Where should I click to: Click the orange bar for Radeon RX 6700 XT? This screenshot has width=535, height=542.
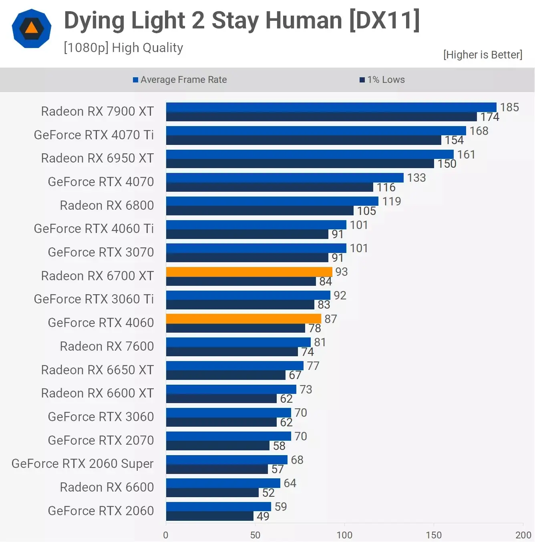click(249, 272)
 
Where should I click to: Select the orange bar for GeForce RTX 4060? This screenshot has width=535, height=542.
click(243, 319)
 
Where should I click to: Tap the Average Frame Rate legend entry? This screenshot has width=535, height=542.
click(180, 80)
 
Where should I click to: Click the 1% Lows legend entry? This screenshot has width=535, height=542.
click(382, 80)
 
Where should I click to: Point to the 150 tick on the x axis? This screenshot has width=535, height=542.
click(434, 535)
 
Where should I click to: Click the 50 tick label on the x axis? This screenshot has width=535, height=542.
click(255, 535)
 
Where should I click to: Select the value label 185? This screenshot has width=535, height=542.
click(509, 107)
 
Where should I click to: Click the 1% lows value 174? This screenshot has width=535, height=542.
click(490, 117)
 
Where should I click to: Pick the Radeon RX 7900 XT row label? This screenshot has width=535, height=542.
click(97, 111)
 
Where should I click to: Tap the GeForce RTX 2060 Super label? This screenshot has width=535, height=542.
click(82, 464)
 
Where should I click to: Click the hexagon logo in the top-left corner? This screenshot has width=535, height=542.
click(32, 28)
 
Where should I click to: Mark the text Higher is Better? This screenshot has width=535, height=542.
click(483, 55)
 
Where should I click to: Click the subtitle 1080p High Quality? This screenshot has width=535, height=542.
click(123, 48)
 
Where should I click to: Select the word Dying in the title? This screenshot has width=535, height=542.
click(95, 21)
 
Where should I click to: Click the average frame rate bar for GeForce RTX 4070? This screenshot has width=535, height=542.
click(285, 178)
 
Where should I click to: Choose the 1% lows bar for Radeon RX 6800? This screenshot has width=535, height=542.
click(260, 211)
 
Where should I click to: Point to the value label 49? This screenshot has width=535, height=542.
click(263, 516)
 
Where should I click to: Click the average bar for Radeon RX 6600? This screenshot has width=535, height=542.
click(223, 483)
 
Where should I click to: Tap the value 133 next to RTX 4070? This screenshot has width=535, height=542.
click(416, 178)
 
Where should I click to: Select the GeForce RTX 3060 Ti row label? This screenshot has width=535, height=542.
click(94, 299)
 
